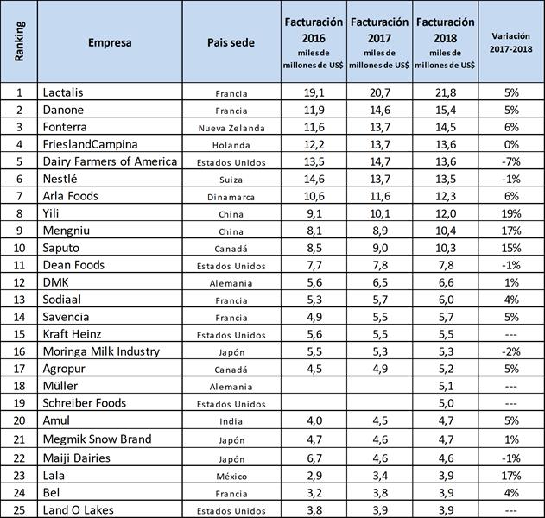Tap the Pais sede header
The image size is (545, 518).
231,42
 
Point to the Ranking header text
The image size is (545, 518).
19,42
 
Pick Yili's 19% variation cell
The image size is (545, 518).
511,213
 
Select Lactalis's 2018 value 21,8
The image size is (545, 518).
446,92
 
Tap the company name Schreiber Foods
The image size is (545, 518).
85,404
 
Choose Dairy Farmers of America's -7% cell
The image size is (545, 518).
511,161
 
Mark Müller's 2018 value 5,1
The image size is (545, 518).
446,387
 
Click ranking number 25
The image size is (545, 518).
19,509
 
